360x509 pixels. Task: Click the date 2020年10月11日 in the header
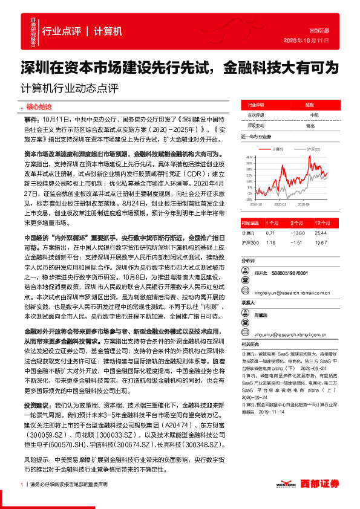pos(306,40)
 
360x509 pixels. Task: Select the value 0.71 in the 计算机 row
pos(270,233)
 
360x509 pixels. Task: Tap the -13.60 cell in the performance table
pos(297,233)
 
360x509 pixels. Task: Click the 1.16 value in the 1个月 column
pos(270,242)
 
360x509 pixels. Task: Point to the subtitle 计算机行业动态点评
pos(67,85)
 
